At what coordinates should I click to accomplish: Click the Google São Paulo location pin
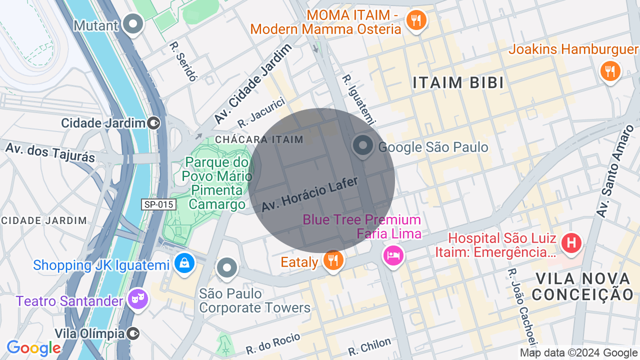pos(362,145)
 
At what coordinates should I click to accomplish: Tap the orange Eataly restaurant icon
pos(332,260)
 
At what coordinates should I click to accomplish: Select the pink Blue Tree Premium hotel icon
pos(393,255)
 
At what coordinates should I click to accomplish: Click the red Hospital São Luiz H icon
pos(571,243)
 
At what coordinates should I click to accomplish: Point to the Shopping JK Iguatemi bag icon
pos(184,261)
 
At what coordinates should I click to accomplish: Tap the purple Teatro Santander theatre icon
pos(137,299)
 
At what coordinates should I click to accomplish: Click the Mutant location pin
pos(133,23)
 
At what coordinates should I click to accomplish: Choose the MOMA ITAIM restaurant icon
pos(415,20)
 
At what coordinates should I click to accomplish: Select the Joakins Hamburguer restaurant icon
pos(610,70)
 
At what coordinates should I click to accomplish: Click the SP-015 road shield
pos(158,204)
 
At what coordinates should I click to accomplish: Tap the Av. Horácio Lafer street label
pos(309,194)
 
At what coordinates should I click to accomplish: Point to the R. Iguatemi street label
pos(358,99)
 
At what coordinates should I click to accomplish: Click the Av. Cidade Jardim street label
pos(253,84)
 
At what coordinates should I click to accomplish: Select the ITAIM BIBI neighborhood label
pos(458,83)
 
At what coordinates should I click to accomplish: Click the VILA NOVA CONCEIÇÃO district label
pos(583,286)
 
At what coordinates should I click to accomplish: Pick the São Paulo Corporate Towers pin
pos(227,268)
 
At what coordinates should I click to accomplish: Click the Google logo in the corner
pos(33,348)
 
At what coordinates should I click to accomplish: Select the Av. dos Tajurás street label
pos(50,151)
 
